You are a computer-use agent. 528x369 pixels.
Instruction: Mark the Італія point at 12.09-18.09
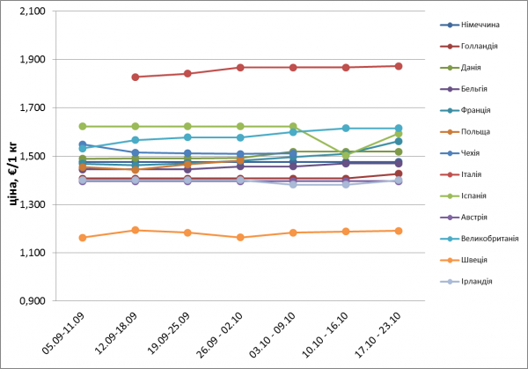pos(135,77)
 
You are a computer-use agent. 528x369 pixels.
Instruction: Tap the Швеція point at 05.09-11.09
pos(82,238)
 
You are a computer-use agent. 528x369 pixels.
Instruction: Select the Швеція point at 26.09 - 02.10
pos(240,238)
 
